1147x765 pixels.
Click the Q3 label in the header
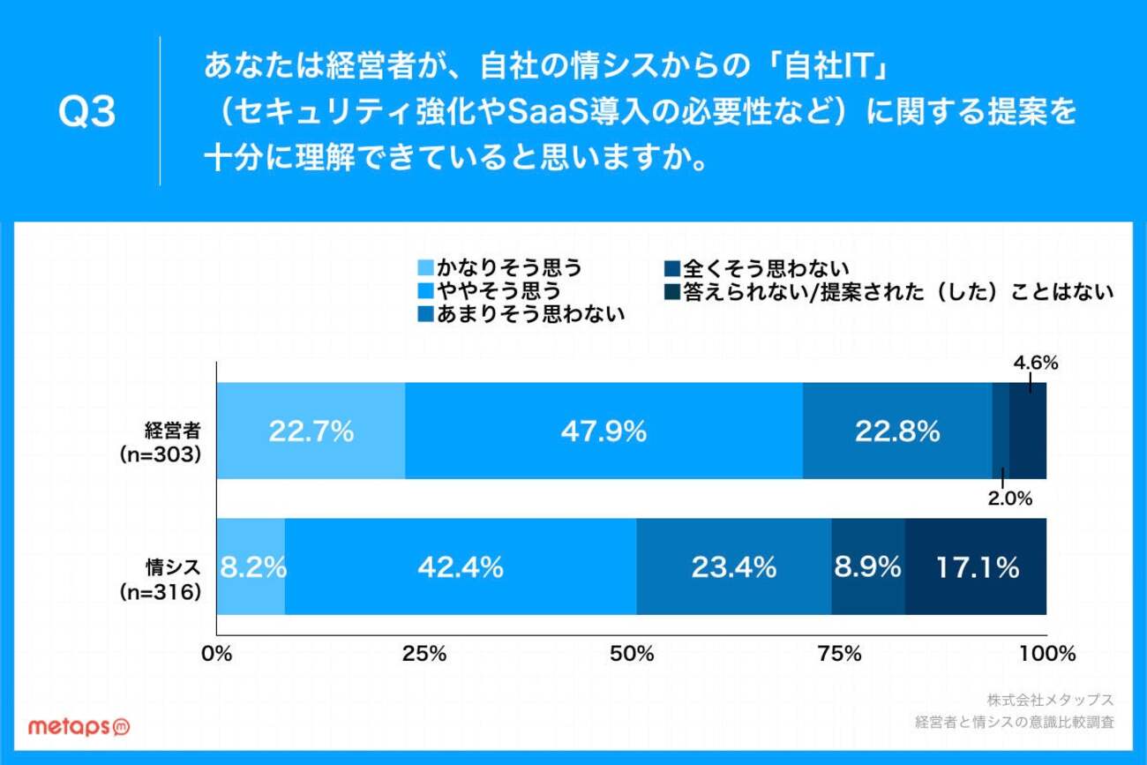(x=86, y=113)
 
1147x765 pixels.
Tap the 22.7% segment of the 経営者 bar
(x=311, y=431)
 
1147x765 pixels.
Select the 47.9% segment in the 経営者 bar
(x=603, y=431)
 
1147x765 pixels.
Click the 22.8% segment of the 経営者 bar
(x=897, y=431)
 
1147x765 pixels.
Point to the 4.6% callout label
(x=1035, y=363)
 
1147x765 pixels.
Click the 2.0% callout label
(x=1009, y=499)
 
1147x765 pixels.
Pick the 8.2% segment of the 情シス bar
(x=251, y=566)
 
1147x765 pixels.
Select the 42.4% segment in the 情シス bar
(x=461, y=566)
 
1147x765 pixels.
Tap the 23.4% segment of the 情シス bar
(x=733, y=566)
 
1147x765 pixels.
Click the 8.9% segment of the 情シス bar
(x=868, y=566)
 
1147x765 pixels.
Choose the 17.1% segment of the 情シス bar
(x=976, y=566)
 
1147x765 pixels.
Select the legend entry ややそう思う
(x=490, y=290)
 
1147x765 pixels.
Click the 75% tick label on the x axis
(x=839, y=655)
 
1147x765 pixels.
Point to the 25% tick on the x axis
(x=424, y=655)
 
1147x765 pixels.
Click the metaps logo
(x=79, y=725)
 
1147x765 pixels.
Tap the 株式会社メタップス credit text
(x=1050, y=700)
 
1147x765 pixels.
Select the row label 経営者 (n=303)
(x=162, y=441)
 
